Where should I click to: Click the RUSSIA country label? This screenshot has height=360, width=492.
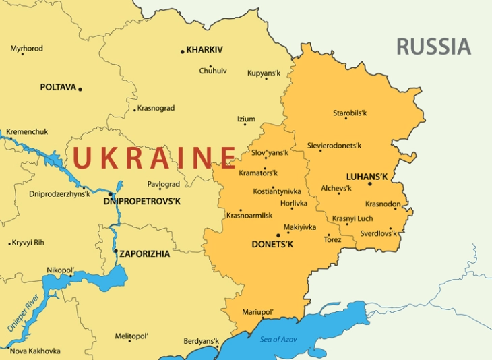pos(433,47)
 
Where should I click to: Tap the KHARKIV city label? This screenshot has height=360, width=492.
pos(204,50)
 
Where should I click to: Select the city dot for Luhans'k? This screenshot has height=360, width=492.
pos(369,184)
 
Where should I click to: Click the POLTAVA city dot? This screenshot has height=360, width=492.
pos(80,89)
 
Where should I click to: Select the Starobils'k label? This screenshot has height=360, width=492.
pos(349,113)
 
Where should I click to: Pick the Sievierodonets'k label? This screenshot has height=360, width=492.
pos(334,146)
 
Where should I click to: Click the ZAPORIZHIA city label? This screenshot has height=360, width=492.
pos(145,254)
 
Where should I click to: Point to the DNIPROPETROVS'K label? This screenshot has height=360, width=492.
pos(142,201)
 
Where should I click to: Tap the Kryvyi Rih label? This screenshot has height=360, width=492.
pos(28,242)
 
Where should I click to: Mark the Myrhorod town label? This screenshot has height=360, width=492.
pos(26,49)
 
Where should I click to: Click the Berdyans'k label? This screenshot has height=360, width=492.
pos(202,341)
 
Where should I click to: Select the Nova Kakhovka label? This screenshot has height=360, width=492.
pos(35,351)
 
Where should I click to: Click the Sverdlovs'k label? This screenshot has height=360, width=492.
pos(378,233)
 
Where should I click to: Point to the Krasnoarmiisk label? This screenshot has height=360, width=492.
pos(249,215)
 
